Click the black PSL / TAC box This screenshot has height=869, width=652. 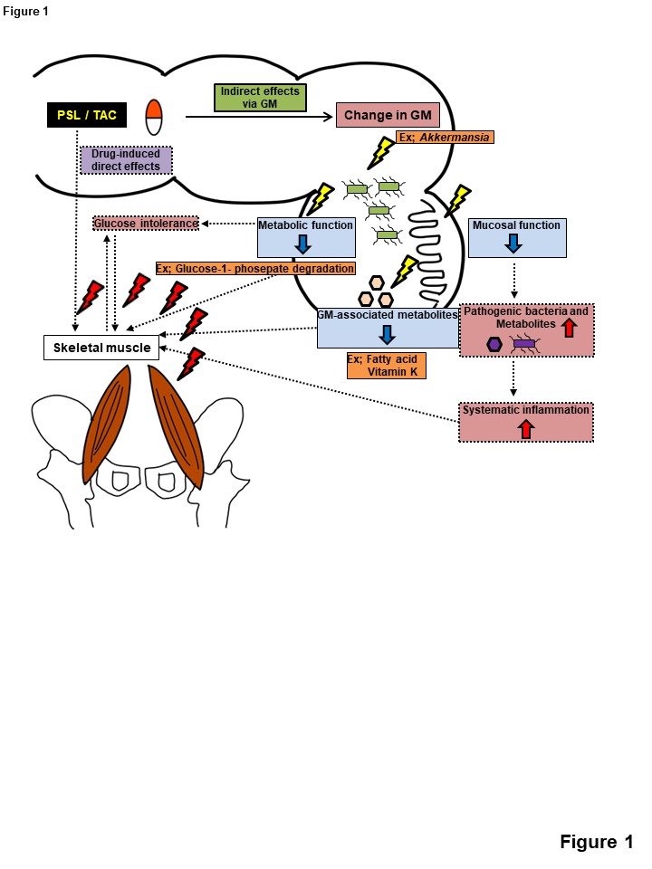pos(86,115)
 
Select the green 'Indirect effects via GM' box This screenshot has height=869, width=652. pos(260,98)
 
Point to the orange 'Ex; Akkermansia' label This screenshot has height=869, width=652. pos(444,138)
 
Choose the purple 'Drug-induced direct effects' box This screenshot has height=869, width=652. pos(125,160)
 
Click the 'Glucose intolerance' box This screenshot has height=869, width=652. pos(146,223)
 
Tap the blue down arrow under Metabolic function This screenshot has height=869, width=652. pos(303,243)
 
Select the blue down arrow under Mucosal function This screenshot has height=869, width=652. pos(513,243)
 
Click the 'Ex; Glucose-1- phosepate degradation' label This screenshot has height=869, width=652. pos(254,268)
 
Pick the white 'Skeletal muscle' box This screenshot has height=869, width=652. pos(101,348)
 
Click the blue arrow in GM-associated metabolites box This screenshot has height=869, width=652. pos(387,333)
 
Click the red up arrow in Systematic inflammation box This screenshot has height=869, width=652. pos(525,429)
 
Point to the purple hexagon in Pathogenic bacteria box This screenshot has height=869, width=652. pos(494,343)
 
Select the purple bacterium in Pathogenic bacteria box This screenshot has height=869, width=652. pos(524,344)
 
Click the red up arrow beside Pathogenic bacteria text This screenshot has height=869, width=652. pos(570,327)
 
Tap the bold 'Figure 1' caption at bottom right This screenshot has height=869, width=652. pos(596,842)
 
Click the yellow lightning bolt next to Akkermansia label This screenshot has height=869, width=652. pos(379,152)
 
